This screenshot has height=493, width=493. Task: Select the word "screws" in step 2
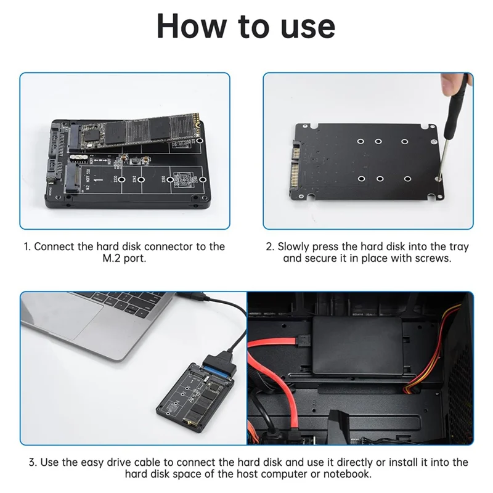click(435, 259)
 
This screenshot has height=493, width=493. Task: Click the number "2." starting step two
click(270, 246)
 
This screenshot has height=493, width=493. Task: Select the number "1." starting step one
click(27, 246)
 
